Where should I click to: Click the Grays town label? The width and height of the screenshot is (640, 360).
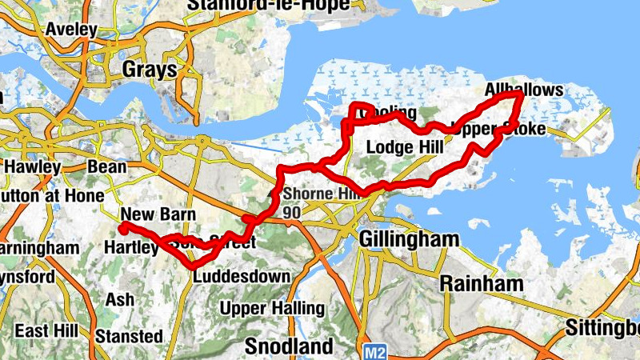(149, 70)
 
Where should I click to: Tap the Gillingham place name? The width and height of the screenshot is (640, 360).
(410, 239)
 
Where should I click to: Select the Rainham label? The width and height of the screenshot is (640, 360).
(481, 283)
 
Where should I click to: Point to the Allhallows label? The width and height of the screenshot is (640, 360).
(524, 90)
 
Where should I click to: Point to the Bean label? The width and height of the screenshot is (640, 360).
(106, 167)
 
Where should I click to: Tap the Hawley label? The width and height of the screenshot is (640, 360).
(32, 167)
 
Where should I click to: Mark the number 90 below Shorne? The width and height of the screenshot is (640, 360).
(291, 213)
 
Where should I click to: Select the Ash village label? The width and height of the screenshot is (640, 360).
(115, 300)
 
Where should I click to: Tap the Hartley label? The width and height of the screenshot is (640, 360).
(131, 248)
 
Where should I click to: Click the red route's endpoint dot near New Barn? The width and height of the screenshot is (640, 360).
(124, 228)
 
